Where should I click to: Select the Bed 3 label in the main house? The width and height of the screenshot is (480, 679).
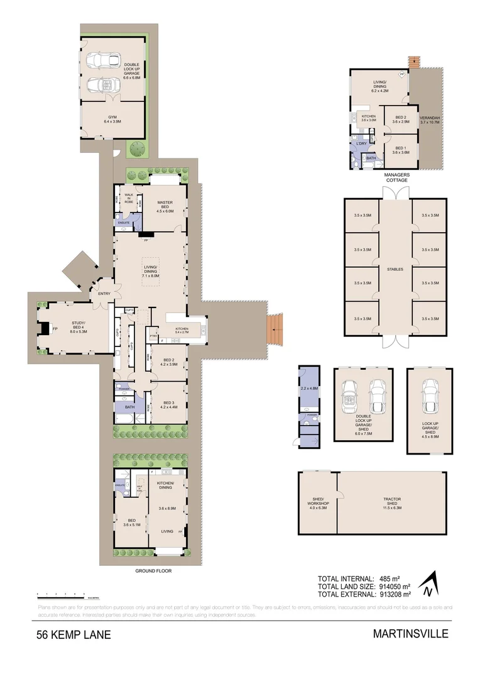click(168, 405)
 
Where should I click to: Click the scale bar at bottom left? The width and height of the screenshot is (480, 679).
click(60, 594)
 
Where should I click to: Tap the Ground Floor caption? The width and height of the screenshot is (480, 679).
click(153, 571)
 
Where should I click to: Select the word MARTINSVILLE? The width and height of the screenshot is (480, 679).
click(411, 634)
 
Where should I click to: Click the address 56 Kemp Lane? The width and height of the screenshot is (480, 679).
click(74, 634)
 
